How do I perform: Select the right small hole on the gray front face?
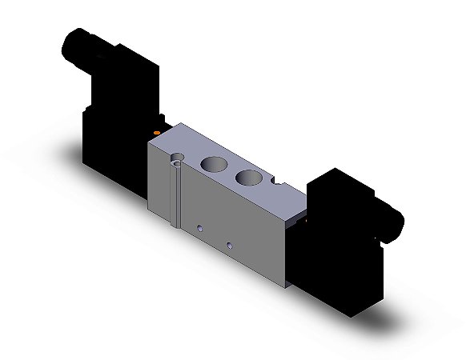tap(230, 244)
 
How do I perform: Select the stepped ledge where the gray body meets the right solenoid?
tap(300, 214)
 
